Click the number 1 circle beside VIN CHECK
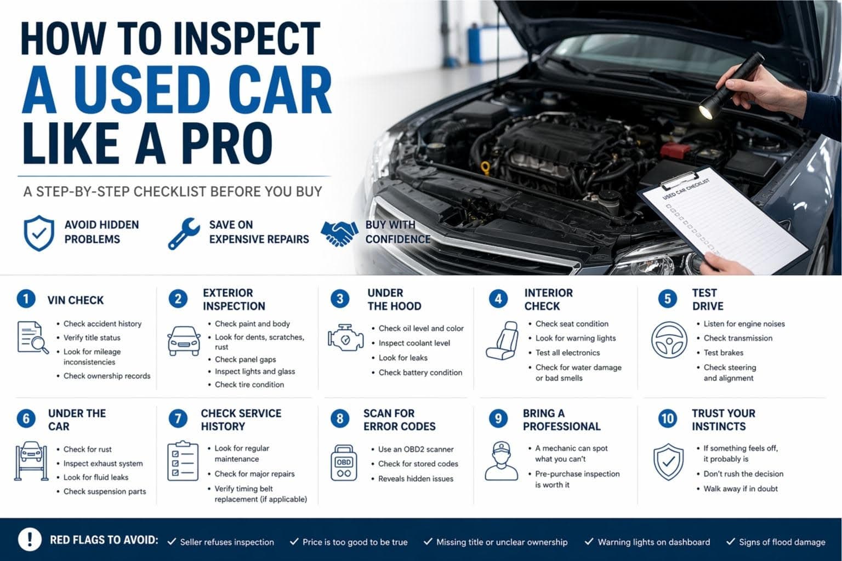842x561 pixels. pyautogui.click(x=25, y=299)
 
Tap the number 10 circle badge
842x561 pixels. pyautogui.click(x=667, y=419)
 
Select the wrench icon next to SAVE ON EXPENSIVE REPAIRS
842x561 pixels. pyautogui.click(x=184, y=233)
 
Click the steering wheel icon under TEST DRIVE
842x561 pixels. pyautogui.click(x=669, y=340)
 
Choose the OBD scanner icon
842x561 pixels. pyautogui.click(x=344, y=463)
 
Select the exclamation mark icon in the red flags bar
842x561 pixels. pyautogui.click(x=30, y=539)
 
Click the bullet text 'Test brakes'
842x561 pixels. pyautogui.click(x=723, y=353)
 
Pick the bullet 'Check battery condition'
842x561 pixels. pyautogui.click(x=420, y=373)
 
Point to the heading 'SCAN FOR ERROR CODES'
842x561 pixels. pyautogui.click(x=399, y=420)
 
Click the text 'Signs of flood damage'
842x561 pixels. pyautogui.click(x=782, y=542)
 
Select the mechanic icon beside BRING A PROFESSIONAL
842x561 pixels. pyautogui.click(x=501, y=461)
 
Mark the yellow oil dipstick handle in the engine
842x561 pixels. pyautogui.click(x=485, y=165)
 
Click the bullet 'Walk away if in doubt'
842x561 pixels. pyautogui.click(x=740, y=489)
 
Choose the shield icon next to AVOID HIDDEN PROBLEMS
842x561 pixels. pyautogui.click(x=39, y=233)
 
